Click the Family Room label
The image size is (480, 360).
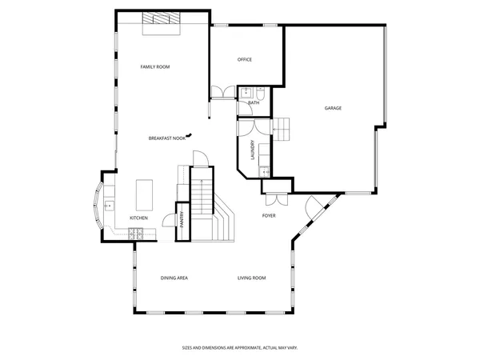155,66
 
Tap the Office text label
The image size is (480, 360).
245,60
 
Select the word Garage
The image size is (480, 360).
333,108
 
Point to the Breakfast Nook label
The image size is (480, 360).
167,138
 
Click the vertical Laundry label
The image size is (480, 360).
253,150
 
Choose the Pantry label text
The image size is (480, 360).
182,219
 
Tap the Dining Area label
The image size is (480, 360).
174,278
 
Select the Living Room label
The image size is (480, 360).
251,278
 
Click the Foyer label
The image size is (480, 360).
270,216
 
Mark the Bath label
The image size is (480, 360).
254,102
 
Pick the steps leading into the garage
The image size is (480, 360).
286,126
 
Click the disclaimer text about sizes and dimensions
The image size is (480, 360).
239,348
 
